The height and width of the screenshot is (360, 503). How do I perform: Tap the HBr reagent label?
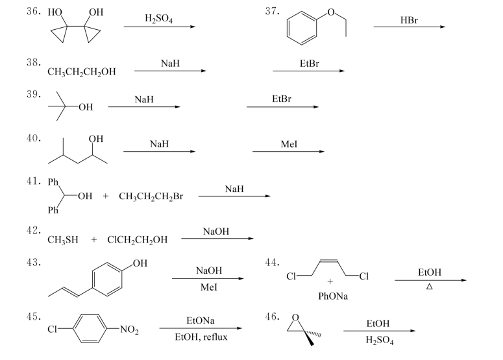(409, 20)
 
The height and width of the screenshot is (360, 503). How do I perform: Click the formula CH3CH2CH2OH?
(82, 72)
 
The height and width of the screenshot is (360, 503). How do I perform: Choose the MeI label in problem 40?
(289, 144)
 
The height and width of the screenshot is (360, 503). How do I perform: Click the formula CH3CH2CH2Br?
(151, 196)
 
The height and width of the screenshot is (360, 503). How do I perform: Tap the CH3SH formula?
(63, 239)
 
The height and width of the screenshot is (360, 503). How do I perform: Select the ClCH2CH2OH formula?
(137, 239)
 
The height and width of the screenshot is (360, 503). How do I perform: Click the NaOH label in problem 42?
(216, 231)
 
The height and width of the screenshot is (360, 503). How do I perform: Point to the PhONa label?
(331, 296)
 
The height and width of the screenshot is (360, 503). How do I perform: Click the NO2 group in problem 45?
(129, 330)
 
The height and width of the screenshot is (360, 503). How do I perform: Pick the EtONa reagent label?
(201, 320)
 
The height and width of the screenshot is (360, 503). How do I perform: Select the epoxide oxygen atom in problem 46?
(295, 317)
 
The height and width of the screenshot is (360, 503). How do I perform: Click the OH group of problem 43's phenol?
(140, 263)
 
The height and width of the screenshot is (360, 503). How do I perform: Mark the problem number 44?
(273, 261)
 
